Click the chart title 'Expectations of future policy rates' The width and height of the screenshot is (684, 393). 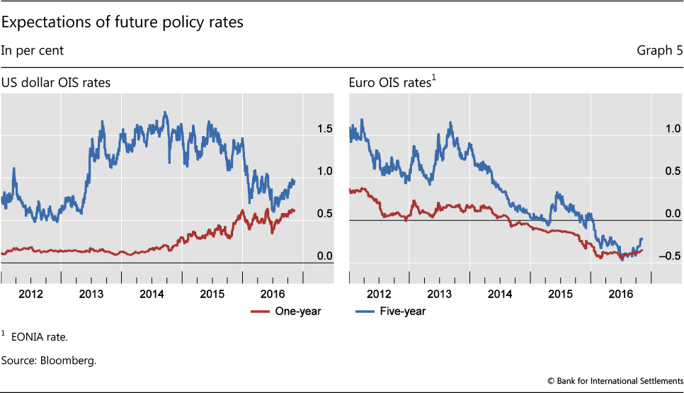coord(122,23)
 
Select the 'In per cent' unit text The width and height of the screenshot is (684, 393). coord(32,50)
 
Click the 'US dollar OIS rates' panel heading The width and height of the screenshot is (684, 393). coord(56,83)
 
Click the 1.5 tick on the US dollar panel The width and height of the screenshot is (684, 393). coord(325,129)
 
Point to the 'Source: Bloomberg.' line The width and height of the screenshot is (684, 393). coord(49,361)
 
